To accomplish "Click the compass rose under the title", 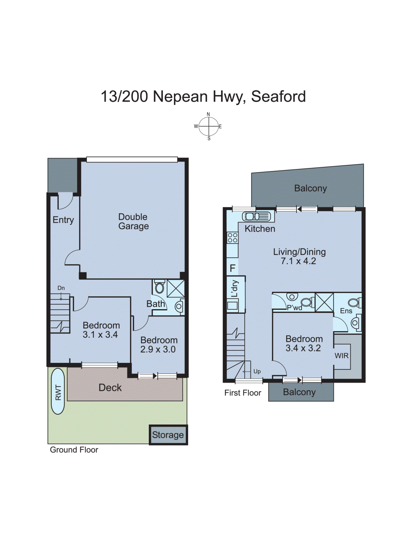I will [x=209, y=126].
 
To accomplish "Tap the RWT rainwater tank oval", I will [x=58, y=391].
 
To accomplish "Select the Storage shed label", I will [x=168, y=435].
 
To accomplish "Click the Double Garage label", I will [x=133, y=221].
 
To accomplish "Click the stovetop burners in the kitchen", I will [x=233, y=237].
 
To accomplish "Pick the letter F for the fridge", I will [x=233, y=268].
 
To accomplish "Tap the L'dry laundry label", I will [x=235, y=289].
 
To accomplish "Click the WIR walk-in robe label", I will [x=341, y=356].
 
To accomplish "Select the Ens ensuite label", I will [x=346, y=311].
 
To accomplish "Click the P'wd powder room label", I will [x=294, y=308].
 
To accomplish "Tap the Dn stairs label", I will [x=61, y=288].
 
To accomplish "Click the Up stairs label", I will [x=257, y=371].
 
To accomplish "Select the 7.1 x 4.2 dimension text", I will [x=298, y=261].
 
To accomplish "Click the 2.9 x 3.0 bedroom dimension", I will [x=158, y=349].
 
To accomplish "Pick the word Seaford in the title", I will [x=278, y=96].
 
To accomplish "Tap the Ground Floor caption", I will [x=74, y=450].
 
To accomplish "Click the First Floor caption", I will [x=242, y=393].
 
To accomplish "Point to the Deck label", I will [x=110, y=387].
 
